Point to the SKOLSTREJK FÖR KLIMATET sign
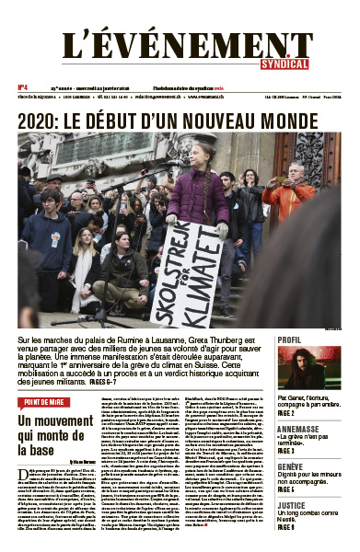click(188, 271)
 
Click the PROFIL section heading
click(289, 339)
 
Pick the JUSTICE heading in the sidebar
click(291, 505)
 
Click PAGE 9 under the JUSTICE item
click(286, 528)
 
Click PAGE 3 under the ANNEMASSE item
click(286, 452)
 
